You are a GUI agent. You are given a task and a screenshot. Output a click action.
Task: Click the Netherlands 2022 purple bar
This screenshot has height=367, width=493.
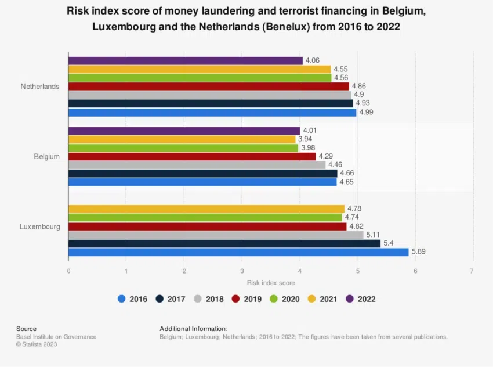(x=185, y=61)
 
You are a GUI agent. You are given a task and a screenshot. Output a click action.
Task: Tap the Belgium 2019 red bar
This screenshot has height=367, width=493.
(x=192, y=157)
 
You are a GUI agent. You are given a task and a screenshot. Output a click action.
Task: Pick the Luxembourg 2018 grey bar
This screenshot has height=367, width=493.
(x=216, y=235)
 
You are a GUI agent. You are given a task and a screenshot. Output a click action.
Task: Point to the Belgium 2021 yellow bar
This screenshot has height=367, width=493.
(x=182, y=139)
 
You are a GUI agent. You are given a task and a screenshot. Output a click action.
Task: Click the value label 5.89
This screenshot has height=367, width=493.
(x=419, y=252)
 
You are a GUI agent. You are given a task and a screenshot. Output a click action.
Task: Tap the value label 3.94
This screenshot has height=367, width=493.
(x=305, y=139)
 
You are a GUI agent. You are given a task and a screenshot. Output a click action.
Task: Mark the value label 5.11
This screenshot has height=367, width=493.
(x=374, y=235)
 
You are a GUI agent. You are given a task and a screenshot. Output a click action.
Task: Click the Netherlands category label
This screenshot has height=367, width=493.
(x=40, y=87)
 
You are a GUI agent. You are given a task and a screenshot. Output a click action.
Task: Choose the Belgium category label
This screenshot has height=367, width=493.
(x=47, y=156)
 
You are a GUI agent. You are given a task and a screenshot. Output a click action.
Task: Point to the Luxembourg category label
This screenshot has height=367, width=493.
(x=40, y=226)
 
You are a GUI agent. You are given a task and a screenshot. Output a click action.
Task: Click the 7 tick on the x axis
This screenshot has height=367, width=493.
(x=473, y=271)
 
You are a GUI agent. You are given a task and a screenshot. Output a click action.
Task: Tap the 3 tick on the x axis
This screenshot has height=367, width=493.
(x=242, y=271)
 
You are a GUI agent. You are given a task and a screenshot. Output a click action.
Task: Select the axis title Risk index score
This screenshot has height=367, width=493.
(x=271, y=283)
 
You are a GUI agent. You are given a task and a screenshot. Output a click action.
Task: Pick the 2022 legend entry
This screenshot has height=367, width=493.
(x=360, y=299)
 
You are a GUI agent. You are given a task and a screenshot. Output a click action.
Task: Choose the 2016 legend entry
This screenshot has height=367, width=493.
(x=132, y=299)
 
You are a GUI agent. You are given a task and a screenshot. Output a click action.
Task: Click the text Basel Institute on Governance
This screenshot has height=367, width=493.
(x=56, y=337)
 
